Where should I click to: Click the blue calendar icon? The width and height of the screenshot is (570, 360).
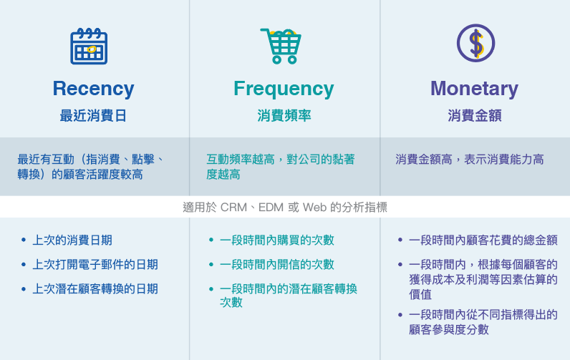pyautogui.click(x=89, y=46)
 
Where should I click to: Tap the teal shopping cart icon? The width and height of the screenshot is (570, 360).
pyautogui.click(x=281, y=46)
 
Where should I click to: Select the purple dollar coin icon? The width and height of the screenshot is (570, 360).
pyautogui.click(x=475, y=43)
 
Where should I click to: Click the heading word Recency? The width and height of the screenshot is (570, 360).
pyautogui.click(x=93, y=89)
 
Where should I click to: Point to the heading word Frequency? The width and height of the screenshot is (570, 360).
pyautogui.click(x=284, y=89)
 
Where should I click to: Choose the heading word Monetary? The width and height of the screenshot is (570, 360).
pyautogui.click(x=474, y=89)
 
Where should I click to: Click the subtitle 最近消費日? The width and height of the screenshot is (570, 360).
pyautogui.click(x=93, y=116)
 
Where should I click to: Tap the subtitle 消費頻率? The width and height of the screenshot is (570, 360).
pyautogui.click(x=284, y=116)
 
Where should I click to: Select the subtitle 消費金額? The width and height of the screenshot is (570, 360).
pyautogui.click(x=475, y=116)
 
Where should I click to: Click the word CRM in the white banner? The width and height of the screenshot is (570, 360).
pyautogui.click(x=233, y=208)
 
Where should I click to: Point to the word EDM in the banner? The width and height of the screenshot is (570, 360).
pyautogui.click(x=271, y=208)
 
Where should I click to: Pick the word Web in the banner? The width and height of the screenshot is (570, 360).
pyautogui.click(x=314, y=208)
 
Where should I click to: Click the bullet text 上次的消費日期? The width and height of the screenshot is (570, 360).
pyautogui.click(x=72, y=240)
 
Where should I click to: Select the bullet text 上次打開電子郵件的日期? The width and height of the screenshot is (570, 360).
pyautogui.click(x=95, y=265)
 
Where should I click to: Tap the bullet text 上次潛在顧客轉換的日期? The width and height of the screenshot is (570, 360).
pyautogui.click(x=95, y=289)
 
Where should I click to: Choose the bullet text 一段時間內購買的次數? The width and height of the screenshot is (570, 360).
pyautogui.click(x=277, y=240)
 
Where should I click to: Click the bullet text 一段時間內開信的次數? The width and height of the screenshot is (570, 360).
pyautogui.click(x=277, y=265)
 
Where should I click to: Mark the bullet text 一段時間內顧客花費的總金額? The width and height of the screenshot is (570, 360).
pyautogui.click(x=483, y=240)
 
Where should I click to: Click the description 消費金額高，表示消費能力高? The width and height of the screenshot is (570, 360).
pyautogui.click(x=470, y=160)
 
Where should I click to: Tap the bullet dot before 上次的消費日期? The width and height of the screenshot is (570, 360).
pyautogui.click(x=24, y=240)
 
